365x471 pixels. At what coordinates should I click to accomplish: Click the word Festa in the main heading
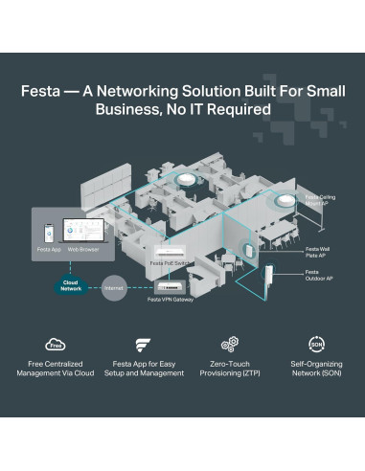44,94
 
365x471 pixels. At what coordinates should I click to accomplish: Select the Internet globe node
115,286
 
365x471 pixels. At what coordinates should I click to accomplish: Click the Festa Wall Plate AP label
318,251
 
